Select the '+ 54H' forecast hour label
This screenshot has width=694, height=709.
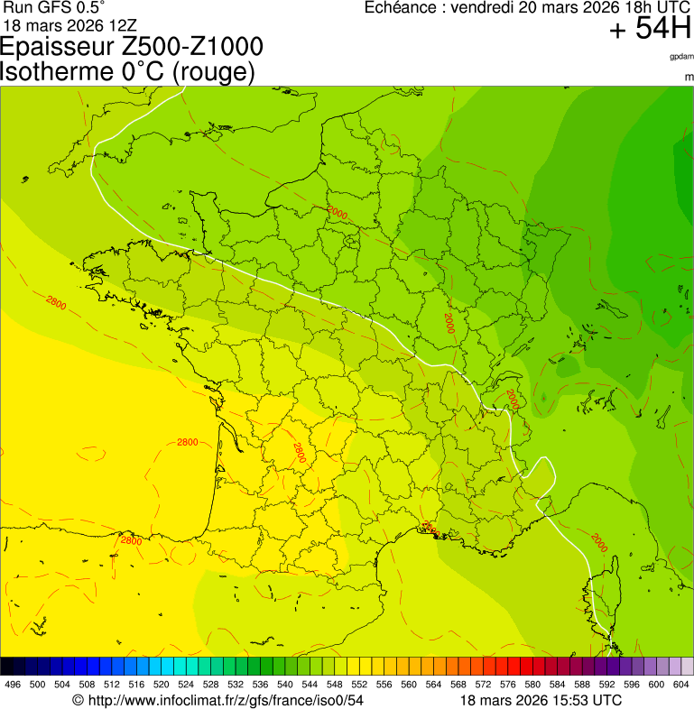[650, 30]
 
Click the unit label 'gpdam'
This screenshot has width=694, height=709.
[681, 56]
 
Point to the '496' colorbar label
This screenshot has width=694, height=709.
[13, 686]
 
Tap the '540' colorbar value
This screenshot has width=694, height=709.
[284, 686]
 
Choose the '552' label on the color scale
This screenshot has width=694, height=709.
[358, 686]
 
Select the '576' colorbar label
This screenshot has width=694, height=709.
[507, 686]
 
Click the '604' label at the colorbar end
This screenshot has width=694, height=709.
[680, 686]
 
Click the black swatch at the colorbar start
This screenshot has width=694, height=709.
[7, 667]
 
